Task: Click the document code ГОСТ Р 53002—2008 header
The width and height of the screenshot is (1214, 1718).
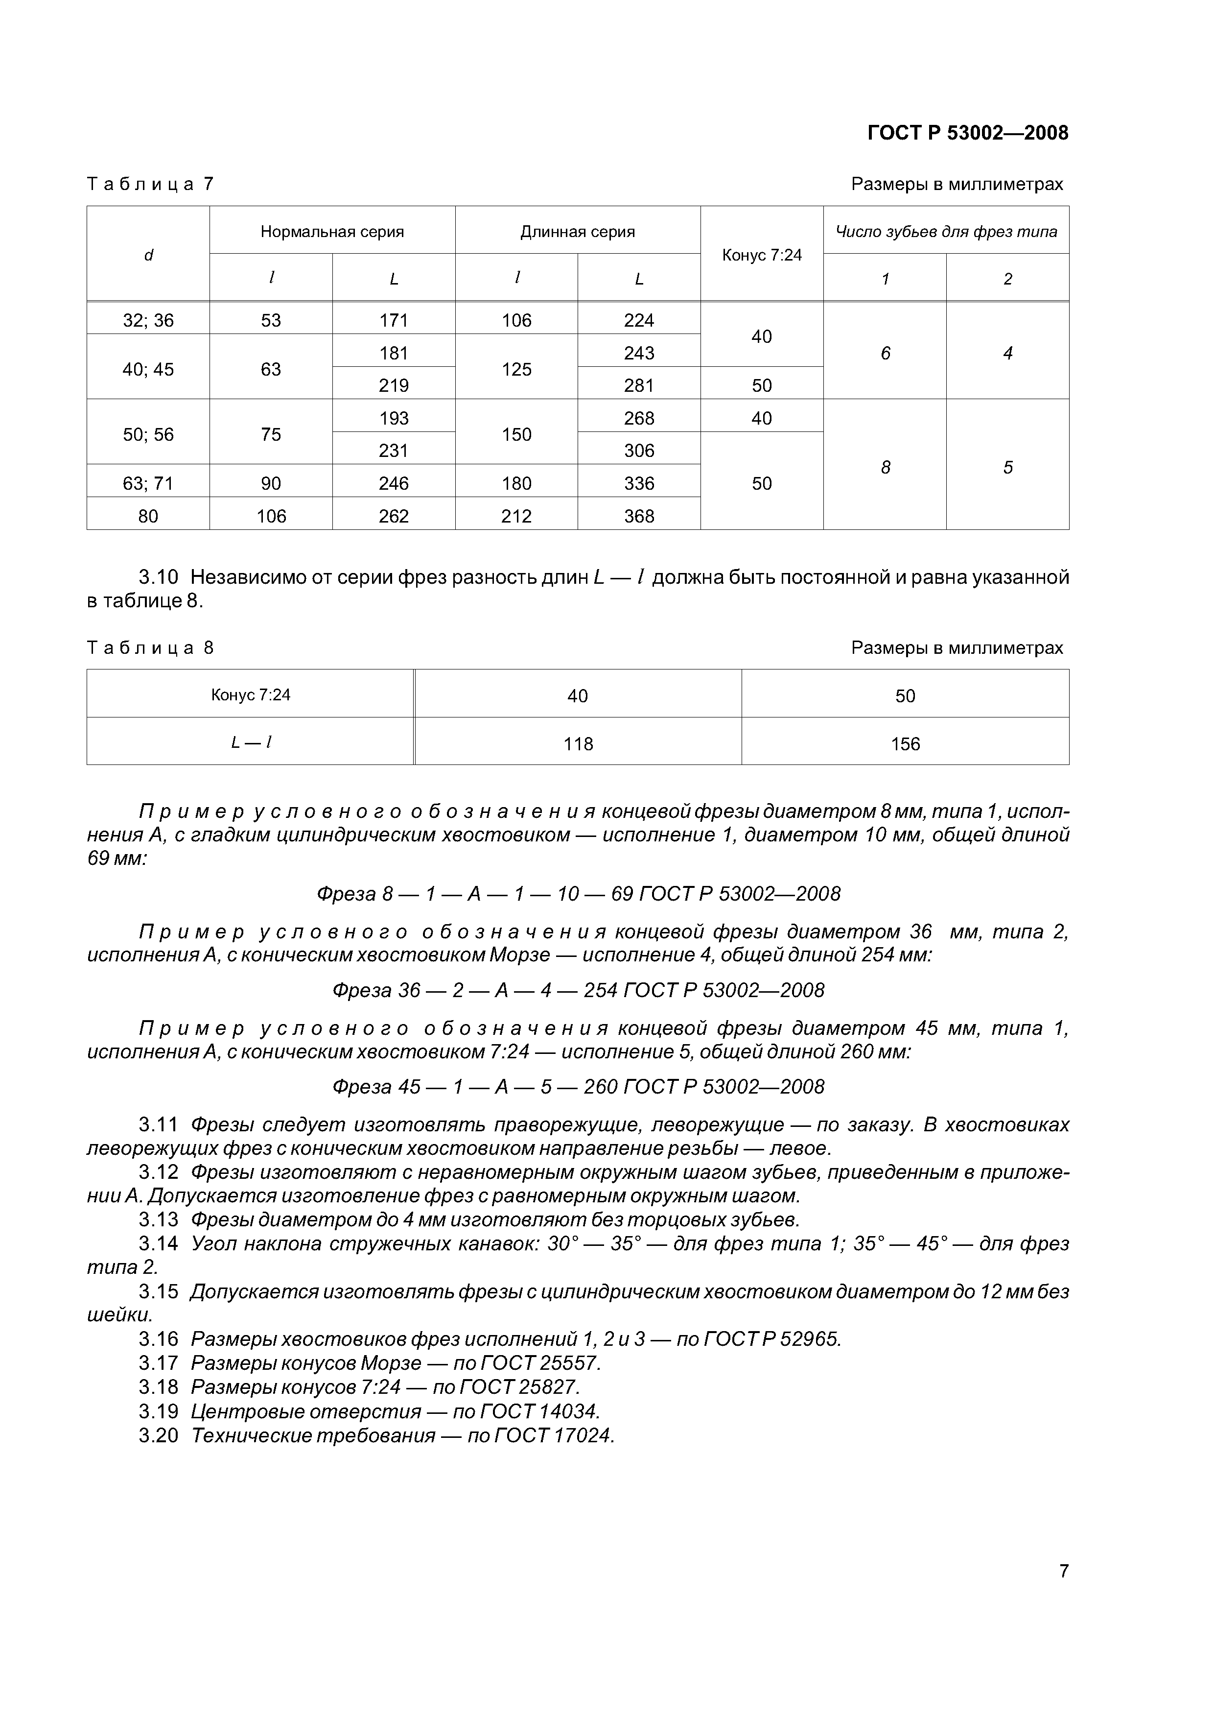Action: pos(967,133)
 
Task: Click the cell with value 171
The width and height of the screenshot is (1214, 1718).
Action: pos(394,320)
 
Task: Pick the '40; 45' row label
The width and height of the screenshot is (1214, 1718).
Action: pos(148,369)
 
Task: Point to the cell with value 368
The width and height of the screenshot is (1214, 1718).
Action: pos(639,516)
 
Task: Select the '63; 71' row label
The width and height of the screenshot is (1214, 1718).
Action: pos(148,483)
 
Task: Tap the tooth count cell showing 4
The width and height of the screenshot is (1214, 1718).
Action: pos(1007,353)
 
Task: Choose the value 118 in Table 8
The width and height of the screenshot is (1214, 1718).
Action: pos(578,744)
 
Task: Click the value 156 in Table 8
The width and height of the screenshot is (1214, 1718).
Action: pos(905,744)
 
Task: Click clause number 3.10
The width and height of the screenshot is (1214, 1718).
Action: pos(159,577)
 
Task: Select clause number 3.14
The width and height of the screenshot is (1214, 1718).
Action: pos(159,1243)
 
